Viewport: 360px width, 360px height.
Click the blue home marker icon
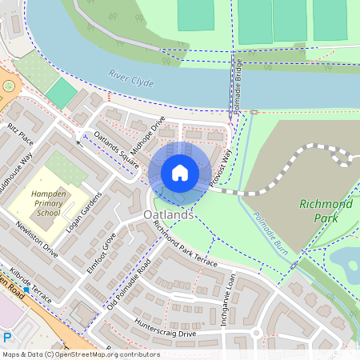coord(180,173)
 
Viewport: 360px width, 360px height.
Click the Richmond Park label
coord(325,210)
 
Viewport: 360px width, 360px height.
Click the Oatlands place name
coord(169,216)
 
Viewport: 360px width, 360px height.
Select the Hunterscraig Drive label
coord(165,327)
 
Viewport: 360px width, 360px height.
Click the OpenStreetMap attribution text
coord(80,354)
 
